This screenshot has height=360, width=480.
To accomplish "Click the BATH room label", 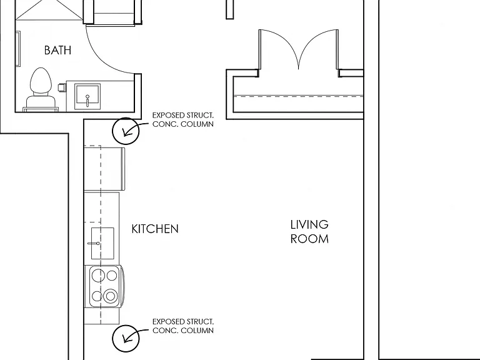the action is tap(57, 50).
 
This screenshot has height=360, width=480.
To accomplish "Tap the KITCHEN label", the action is tap(155, 229).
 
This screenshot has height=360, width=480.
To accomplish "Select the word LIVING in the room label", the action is tap(309, 224).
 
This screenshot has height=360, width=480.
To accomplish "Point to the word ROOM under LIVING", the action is tap(309, 239).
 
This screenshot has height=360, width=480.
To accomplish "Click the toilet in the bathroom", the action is tap(41, 89).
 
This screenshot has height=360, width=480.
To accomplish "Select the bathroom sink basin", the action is tap(87, 96).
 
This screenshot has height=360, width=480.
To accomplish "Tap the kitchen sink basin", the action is tap(102, 243).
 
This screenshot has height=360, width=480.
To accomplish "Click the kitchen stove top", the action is tap(105, 286).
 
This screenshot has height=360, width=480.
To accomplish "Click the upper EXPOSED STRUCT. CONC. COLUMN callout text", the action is tap(183, 120).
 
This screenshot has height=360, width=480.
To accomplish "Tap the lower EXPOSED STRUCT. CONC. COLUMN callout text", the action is tap(183, 326).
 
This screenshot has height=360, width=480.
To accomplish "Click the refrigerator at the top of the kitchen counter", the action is tap(104, 169).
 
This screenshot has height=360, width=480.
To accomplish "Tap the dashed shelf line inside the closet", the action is tap(298, 96).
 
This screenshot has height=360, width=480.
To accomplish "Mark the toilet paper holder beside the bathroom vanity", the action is tap(62, 87).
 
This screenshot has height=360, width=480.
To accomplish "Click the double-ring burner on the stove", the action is tap(111, 296).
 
